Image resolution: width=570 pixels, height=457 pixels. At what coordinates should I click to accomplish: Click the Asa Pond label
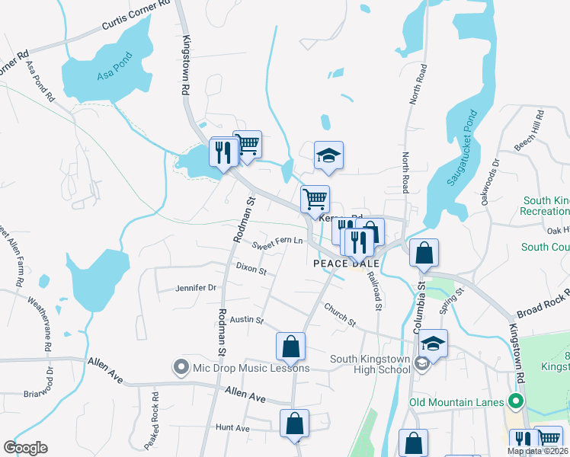pos(115,66)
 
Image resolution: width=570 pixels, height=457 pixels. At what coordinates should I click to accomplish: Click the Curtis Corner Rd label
pos(136,15)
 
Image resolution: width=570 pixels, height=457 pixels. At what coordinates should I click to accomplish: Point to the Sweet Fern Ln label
pos(277,243)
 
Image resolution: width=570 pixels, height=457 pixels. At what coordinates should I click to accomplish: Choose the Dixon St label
pos(251,269)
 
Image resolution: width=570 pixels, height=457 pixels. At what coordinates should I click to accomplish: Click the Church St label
pos(340,315)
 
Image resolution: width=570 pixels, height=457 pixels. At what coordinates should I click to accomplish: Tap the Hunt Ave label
pos(232,428)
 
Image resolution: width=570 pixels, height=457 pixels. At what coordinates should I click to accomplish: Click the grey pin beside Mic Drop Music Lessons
pos(181,368)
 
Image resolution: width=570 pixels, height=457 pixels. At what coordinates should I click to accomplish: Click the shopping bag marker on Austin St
pos(291,347)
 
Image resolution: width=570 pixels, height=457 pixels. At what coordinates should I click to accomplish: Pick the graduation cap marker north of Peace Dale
pos(329,155)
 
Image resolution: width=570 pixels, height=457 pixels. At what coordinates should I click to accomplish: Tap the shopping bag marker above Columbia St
pos(424,253)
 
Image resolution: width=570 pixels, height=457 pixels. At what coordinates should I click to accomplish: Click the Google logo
pos(26,448)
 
